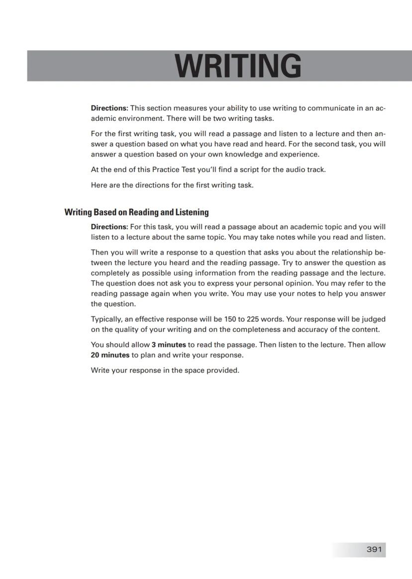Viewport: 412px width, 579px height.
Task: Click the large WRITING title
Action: (x=238, y=66)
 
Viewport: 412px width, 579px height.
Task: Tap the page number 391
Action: (x=374, y=549)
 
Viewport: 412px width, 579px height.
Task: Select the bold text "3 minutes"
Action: (x=169, y=344)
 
